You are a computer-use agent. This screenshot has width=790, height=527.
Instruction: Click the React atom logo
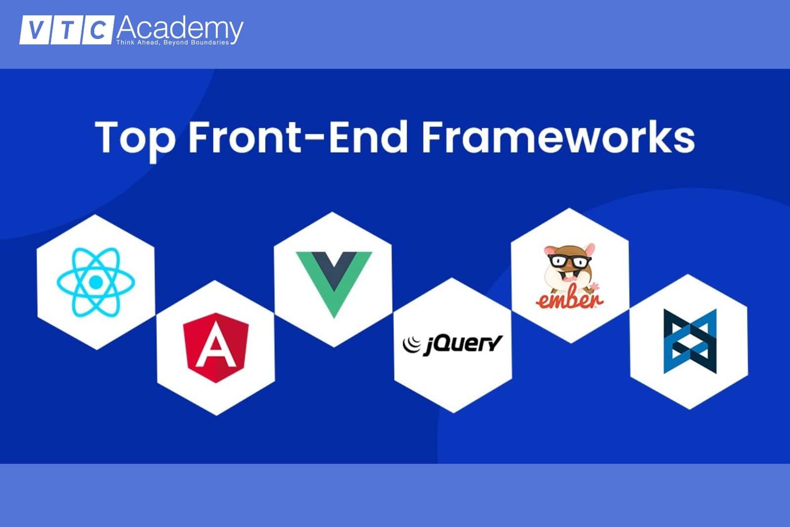coord(96,282)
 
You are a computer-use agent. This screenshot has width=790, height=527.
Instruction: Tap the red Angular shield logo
coord(216,347)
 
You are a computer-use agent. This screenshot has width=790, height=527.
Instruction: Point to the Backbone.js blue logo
coord(690,341)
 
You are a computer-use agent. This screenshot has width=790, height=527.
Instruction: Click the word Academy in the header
coord(180,29)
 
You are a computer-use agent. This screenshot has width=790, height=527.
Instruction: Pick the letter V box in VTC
coord(35,30)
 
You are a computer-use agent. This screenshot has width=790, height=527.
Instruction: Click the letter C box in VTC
coord(98,30)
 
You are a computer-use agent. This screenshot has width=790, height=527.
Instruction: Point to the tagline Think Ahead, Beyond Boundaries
coord(173,42)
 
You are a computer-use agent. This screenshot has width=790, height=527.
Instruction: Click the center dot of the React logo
coord(96,282)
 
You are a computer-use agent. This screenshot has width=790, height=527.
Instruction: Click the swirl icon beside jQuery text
coord(412,344)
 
